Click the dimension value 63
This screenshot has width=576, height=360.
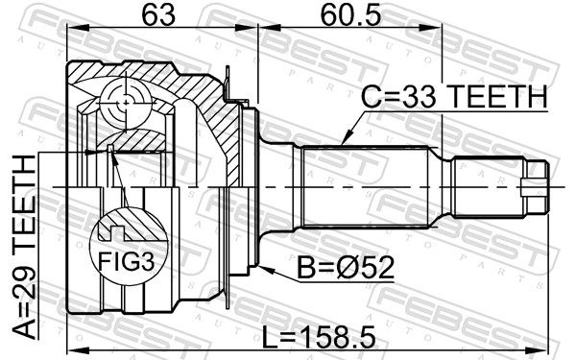159,15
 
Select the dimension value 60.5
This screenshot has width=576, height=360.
350,15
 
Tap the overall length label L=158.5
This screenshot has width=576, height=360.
319,337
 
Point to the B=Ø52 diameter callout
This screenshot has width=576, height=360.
346,268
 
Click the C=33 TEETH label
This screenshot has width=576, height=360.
454,96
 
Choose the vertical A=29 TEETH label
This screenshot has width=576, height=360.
25,247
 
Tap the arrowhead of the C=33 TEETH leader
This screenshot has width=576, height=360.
346,139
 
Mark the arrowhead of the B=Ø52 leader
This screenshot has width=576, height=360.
265,269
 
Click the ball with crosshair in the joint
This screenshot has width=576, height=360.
126,104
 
